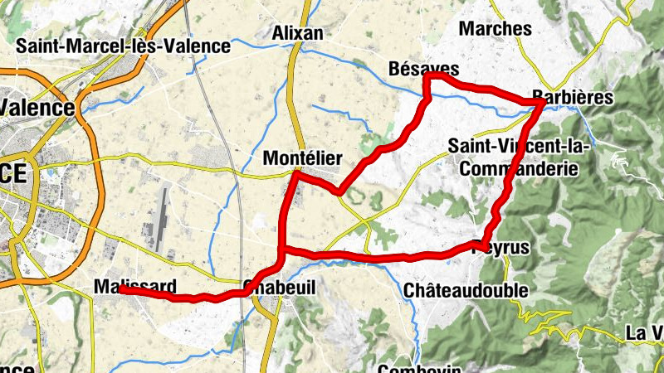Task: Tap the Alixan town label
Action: coord(297,32)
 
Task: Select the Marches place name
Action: coord(495,28)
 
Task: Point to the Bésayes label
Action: coord(423,67)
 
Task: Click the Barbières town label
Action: coord(572,97)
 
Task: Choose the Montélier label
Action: coord(301,157)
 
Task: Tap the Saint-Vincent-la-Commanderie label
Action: coord(519,156)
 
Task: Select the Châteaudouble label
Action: coord(465,290)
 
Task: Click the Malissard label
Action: coord(134,286)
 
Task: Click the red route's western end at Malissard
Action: coord(121,290)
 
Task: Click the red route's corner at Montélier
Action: coord(295,174)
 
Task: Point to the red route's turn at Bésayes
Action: coord(428,77)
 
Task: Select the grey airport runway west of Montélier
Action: coord(160,220)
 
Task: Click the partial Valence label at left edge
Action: coord(37,107)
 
